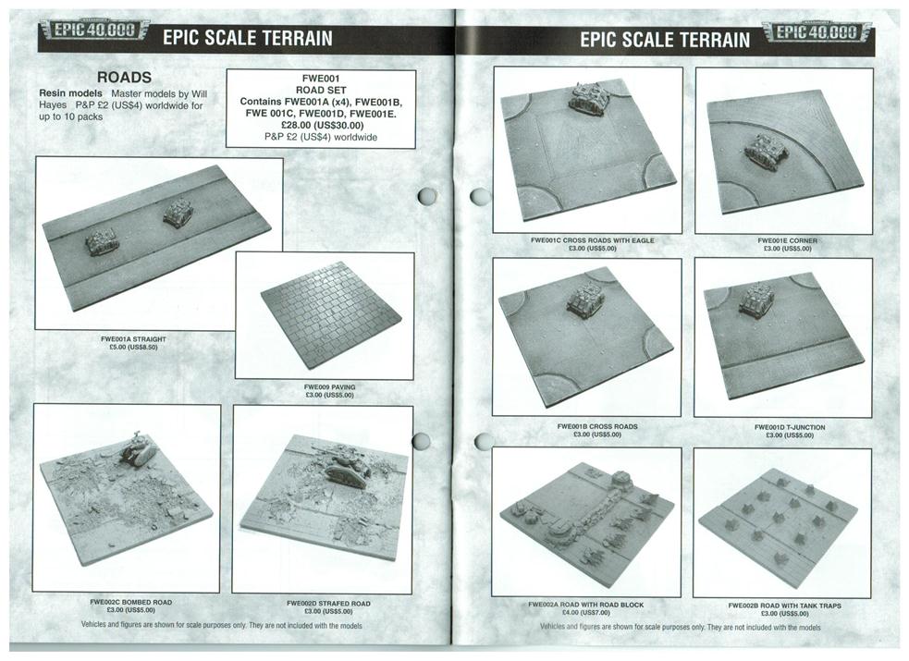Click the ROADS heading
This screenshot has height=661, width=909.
tap(124, 77)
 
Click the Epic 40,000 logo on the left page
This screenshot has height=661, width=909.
tap(94, 31)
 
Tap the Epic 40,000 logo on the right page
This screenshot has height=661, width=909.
tap(817, 31)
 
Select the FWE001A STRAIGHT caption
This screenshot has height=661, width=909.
tap(133, 339)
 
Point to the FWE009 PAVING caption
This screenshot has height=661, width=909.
tap(329, 387)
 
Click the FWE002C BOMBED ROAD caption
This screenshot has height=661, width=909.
tap(131, 602)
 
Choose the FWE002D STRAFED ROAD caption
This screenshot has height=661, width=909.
tap(328, 603)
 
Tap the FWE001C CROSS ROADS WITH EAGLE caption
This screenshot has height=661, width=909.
tap(593, 239)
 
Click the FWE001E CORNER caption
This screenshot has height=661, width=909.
tap(787, 240)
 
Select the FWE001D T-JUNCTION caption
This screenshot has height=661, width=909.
tap(790, 427)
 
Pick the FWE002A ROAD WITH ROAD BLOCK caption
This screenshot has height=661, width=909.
tap(586, 605)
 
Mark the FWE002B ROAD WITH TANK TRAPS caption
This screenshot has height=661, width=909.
tap(784, 606)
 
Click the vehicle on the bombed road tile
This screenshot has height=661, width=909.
tap(139, 447)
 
